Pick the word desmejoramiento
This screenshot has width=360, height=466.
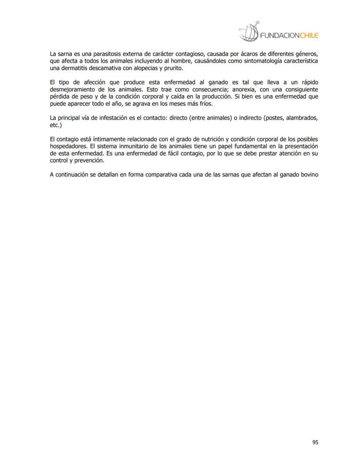click(71, 90)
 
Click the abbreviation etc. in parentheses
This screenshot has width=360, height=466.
click(56, 125)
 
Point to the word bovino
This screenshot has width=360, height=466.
click(306, 175)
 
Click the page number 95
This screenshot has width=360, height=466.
click(315, 443)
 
